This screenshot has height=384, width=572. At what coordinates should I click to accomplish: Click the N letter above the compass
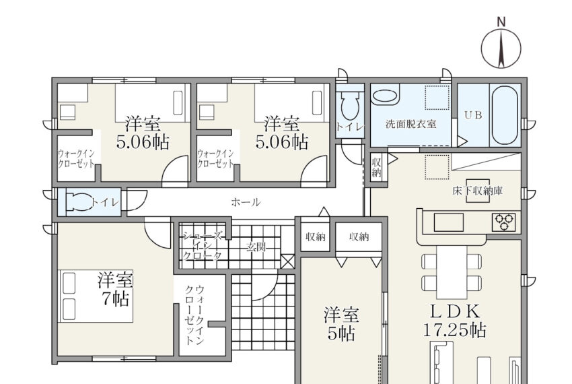coord(501,22)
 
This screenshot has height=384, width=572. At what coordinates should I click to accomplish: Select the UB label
coord(473,115)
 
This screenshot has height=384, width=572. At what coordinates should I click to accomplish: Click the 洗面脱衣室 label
coord(411,124)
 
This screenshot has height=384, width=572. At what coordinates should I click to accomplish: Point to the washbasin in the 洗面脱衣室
coord(385,96)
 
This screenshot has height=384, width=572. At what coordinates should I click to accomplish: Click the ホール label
coord(246,202)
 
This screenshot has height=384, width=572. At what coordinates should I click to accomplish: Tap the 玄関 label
coord(256,247)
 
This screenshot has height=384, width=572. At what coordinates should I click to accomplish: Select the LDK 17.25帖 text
coord(454,321)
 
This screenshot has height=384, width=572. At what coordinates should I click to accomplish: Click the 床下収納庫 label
coord(478,191)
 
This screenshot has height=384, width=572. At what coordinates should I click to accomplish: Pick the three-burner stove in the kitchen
coord(504,222)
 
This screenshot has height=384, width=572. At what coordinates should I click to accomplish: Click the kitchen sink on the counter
coord(448,222)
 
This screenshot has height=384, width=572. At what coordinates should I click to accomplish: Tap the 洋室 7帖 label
coord(115,290)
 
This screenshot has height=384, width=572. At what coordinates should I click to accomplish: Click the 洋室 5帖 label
coord(341,324)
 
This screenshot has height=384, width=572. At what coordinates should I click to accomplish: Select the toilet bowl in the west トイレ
coord(80,202)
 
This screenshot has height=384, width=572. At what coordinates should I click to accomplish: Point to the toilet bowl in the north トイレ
coord(349,105)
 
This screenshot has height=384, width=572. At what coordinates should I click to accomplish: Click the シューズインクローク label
coord(202,245)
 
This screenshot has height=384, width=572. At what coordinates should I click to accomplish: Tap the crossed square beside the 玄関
coord(287,261)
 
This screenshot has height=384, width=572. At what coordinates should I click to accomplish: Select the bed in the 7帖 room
coord(96,296)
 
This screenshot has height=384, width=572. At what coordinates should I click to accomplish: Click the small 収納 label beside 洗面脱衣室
coord(376,167)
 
